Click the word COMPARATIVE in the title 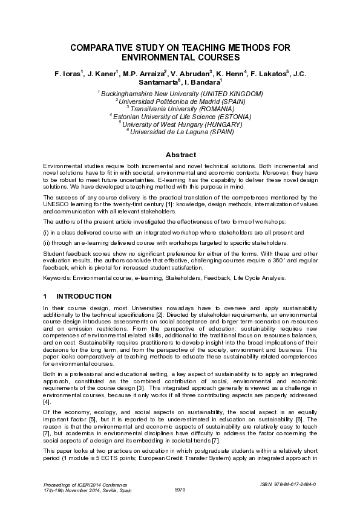[103, 47]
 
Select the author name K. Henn [231, 74]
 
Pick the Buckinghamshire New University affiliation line [180, 94]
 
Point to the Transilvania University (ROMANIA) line [180, 108]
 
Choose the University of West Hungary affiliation [180, 123]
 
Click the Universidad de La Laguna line [180, 131]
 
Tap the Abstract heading [180, 154]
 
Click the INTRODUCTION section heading [83, 296]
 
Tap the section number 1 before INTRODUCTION [45, 296]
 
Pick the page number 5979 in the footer [180, 489]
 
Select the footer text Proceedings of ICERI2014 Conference [83, 484]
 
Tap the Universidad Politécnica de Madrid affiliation [180, 101]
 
